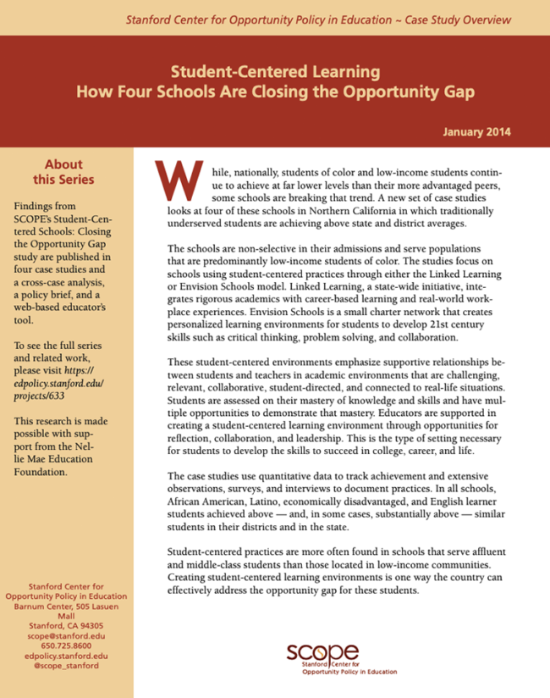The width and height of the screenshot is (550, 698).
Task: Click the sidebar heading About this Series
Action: pyautogui.click(x=63, y=171)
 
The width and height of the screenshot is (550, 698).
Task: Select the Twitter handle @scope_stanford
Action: pyautogui.click(x=66, y=666)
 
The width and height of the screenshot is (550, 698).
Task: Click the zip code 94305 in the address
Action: pyautogui.click(x=93, y=623)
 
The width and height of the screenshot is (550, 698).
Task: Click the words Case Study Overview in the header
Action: pyautogui.click(x=460, y=18)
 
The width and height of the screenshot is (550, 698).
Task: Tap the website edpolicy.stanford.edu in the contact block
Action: pyautogui.click(x=66, y=655)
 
